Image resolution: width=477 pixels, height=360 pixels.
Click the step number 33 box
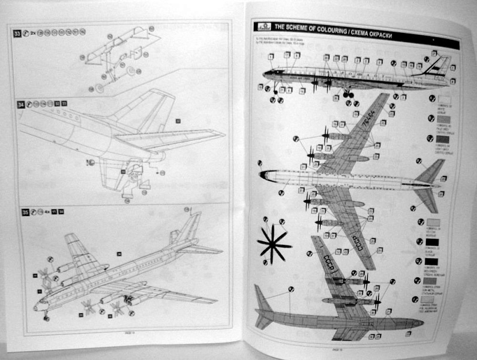pyautogui.click(x=17, y=32)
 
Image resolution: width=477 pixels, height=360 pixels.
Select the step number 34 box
pyautogui.click(x=20, y=105)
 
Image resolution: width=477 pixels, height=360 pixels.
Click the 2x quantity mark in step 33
pyautogui.click(x=34, y=32)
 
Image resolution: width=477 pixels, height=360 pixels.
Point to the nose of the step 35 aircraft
pyautogui.click(x=38, y=306)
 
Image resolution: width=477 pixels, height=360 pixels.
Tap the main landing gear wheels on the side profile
pyautogui.click(x=348, y=94)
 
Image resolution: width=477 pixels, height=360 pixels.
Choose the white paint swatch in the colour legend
pyautogui.click(x=445, y=100)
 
